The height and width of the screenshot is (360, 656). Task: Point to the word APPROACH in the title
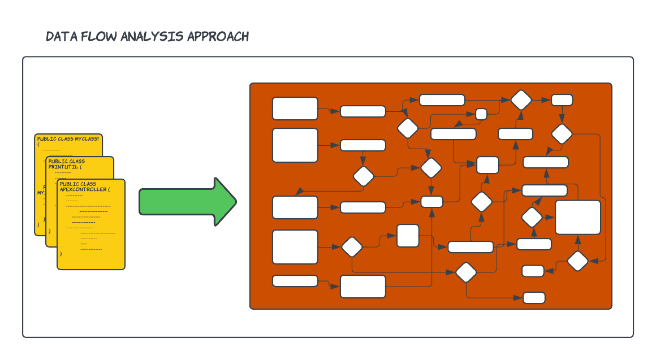coord(218,37)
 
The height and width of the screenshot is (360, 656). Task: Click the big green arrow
coord(187,202)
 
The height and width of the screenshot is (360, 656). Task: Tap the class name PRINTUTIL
coord(63,167)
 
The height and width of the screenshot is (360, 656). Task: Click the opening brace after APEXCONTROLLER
coord(109,189)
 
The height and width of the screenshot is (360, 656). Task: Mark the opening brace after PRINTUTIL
coord(80,167)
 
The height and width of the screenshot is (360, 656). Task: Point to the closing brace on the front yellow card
coord(61,254)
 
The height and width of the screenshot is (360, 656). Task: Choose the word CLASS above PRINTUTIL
coord(77,161)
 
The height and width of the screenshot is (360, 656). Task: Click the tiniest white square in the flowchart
coord(481,114)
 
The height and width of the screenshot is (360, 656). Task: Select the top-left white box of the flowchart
coord(295,109)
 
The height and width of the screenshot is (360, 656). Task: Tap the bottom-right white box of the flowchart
coord(534,298)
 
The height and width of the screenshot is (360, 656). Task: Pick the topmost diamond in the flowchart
coord(521,100)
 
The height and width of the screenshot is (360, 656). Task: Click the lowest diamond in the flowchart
coord(467,272)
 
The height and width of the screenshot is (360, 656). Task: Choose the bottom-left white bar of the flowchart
coord(295,281)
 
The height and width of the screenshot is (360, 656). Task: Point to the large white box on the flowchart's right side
coord(578,217)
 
